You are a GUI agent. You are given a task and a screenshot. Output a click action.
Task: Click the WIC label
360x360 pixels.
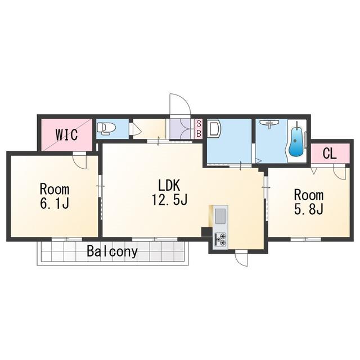click(x=66, y=135)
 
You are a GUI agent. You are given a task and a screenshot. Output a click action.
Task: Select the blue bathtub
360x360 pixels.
click(x=296, y=142)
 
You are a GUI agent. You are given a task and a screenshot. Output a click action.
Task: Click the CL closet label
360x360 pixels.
click(x=330, y=153)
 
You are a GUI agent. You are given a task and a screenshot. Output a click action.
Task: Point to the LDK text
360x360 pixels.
click(x=169, y=186)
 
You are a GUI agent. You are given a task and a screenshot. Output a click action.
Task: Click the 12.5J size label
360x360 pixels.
click(x=170, y=199)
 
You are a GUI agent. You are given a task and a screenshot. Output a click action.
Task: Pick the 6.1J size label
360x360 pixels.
click(x=55, y=203)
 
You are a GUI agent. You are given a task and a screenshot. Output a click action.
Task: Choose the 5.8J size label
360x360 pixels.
click(x=309, y=209)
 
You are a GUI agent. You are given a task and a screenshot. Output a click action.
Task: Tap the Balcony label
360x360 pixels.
click(x=112, y=251)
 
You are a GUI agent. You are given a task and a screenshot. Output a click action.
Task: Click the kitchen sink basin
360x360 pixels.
click(x=220, y=216)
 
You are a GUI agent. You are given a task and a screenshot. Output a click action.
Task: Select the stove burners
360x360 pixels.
click(x=220, y=239)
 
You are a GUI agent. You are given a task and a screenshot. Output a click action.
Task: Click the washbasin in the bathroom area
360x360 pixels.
click(x=269, y=123)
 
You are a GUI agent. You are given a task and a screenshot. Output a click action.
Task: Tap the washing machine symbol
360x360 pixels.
click(x=214, y=129)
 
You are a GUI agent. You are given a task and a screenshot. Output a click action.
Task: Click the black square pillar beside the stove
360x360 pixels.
click(x=206, y=232)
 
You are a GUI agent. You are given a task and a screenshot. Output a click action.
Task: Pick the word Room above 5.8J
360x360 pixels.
click(x=309, y=195)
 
